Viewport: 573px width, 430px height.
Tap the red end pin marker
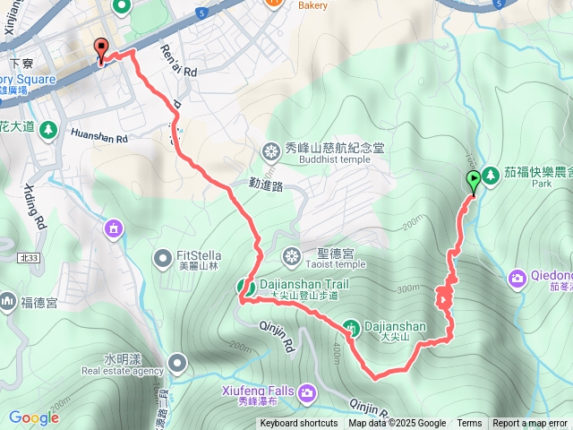point(101,51)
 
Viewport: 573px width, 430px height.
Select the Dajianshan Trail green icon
point(243,287)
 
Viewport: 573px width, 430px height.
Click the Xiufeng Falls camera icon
point(307,392)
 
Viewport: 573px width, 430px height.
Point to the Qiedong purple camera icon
point(517,279)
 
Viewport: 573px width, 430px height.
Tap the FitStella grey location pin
point(162,259)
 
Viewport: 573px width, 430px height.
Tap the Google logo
point(34,417)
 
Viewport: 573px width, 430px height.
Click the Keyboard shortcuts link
point(299,424)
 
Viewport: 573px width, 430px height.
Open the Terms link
point(469,424)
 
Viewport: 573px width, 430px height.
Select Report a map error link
point(530,424)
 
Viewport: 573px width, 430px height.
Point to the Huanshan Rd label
point(98,138)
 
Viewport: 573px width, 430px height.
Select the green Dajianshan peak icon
point(351,329)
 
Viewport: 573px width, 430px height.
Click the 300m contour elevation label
point(407,288)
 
